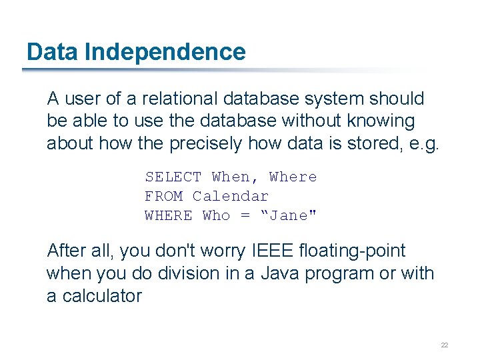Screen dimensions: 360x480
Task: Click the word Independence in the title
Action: coord(165,52)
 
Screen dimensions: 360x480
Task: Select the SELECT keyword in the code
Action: coord(173,177)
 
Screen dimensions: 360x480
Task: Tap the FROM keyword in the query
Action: coord(163,197)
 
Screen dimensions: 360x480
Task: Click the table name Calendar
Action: coord(231,197)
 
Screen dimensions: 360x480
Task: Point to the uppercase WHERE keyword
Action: coord(168,216)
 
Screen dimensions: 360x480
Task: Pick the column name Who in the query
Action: coord(216,216)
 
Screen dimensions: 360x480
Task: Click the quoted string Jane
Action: coord(284,216)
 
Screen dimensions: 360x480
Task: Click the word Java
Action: coord(281,274)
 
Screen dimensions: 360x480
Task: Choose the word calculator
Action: coord(102,297)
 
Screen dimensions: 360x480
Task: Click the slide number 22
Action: coord(444,345)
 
